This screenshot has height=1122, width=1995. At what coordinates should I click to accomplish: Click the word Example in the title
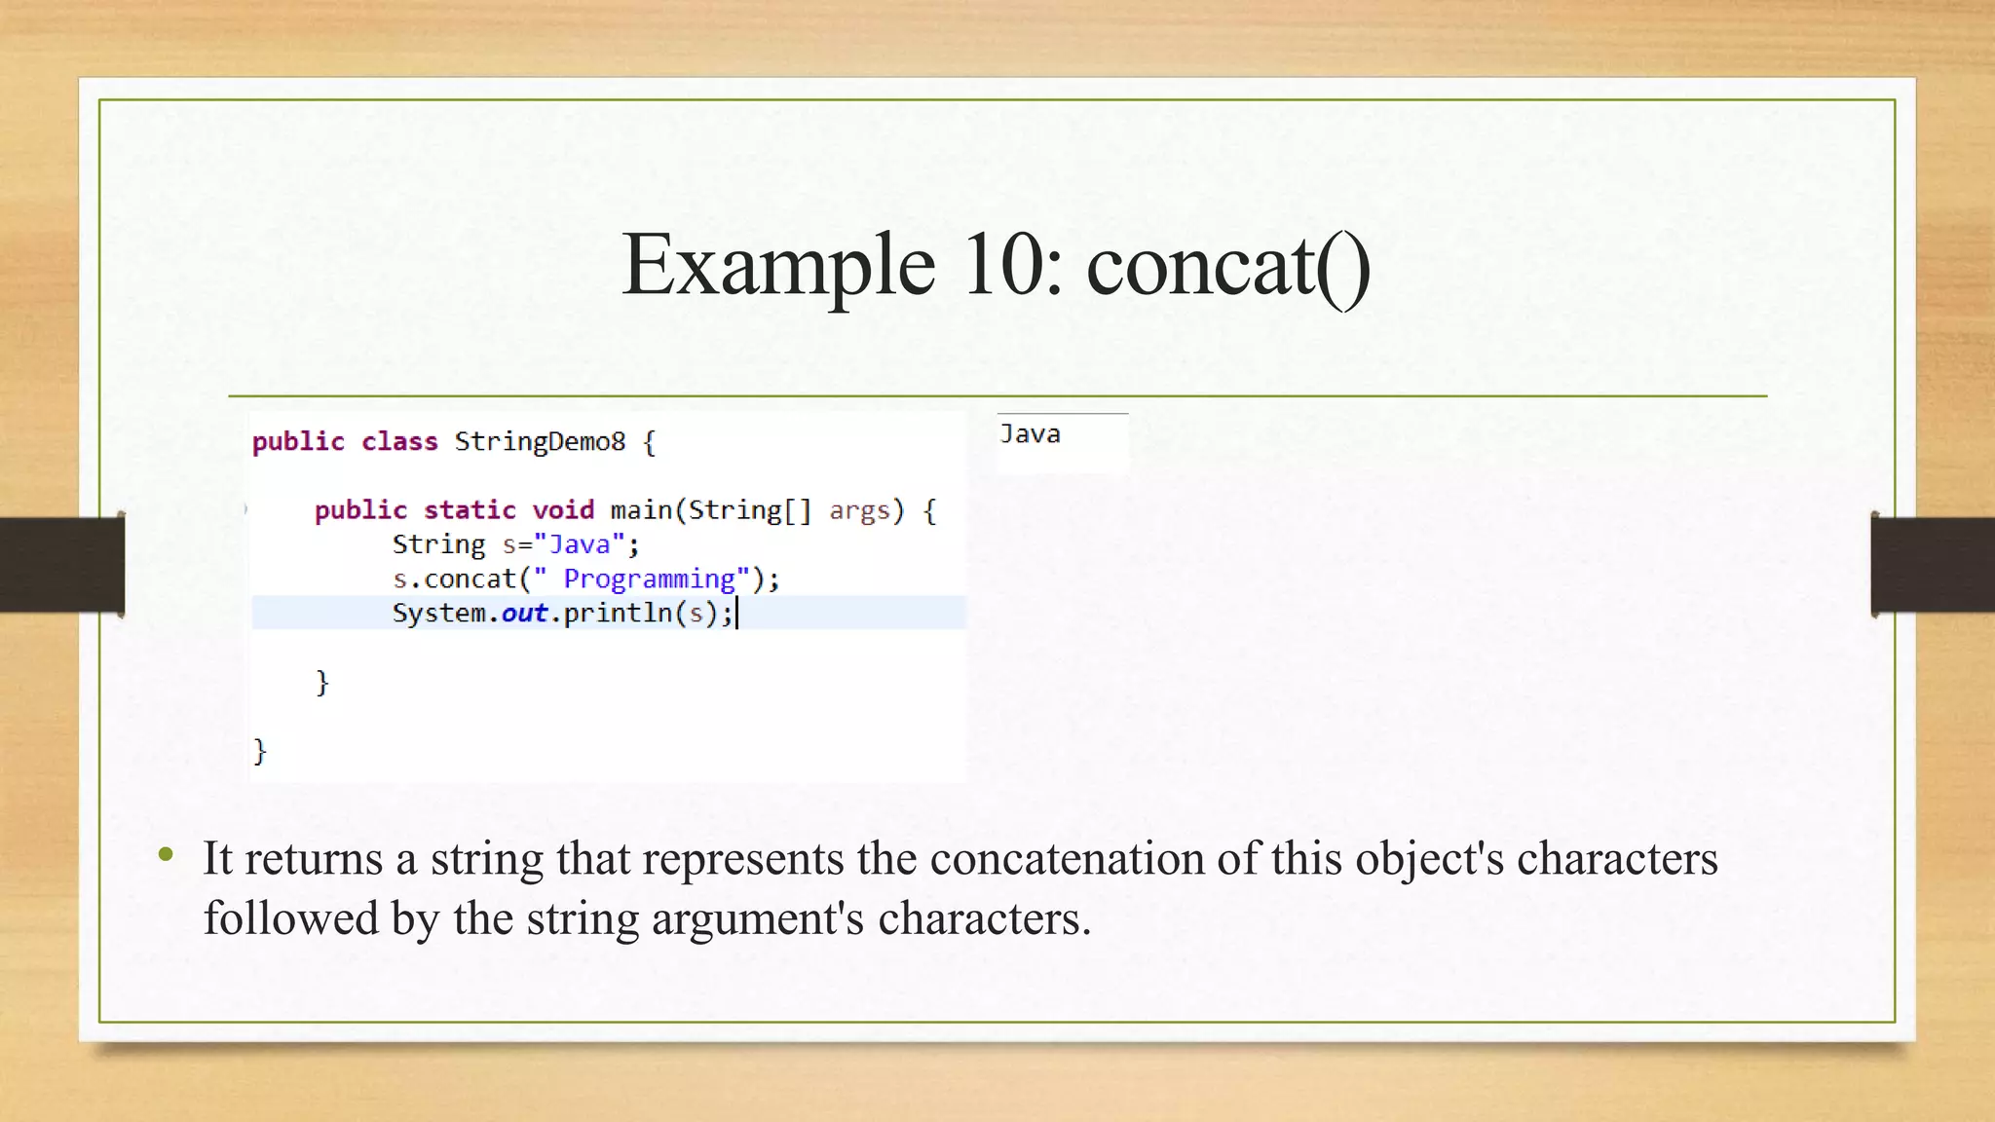click(x=777, y=265)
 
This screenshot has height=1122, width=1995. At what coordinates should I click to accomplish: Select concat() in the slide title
click(x=1227, y=265)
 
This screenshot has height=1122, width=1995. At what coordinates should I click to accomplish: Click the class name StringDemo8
click(x=540, y=441)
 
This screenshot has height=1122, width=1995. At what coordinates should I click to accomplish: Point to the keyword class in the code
click(x=399, y=441)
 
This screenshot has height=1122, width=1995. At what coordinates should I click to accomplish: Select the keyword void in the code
click(x=563, y=509)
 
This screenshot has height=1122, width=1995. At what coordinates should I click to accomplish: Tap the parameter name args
click(x=859, y=509)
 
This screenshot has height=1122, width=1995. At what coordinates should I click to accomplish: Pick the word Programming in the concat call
click(x=650, y=579)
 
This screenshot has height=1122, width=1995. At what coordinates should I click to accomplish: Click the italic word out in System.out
click(x=524, y=613)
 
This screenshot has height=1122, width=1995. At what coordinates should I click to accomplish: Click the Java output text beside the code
click(x=1030, y=434)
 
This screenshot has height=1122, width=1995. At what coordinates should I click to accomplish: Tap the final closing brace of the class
click(x=259, y=750)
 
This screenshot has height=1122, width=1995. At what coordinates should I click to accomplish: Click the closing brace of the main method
click(x=322, y=682)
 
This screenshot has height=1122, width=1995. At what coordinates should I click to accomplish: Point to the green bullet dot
click(x=166, y=855)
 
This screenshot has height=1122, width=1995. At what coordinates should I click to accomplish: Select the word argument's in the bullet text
click(x=757, y=918)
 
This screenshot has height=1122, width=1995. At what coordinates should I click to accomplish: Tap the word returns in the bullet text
click(x=314, y=859)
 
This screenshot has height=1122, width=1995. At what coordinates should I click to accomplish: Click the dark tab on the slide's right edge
click(x=1933, y=565)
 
